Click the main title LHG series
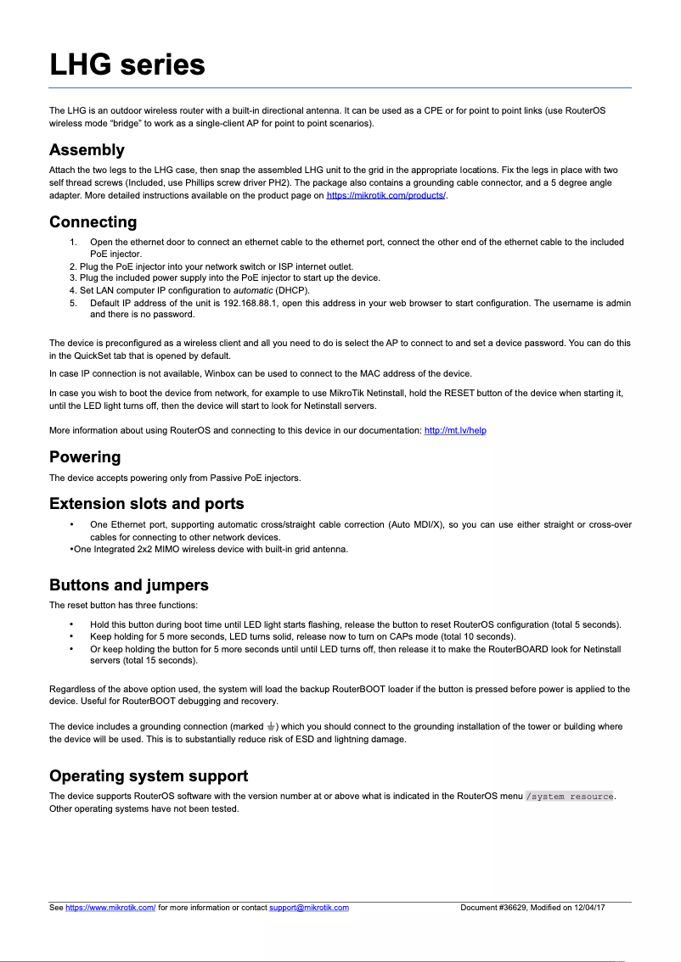[x=127, y=64]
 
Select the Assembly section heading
[x=87, y=150]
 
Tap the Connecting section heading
[x=93, y=222]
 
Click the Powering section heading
[x=85, y=457]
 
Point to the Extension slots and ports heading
[x=146, y=504]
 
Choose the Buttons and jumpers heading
[x=128, y=585]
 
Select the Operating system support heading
[x=149, y=776]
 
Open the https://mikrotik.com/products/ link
[x=386, y=196]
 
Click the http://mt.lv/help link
[x=455, y=431]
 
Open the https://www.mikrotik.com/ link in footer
[x=110, y=908]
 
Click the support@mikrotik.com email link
[x=309, y=908]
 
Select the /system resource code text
[x=570, y=797]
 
